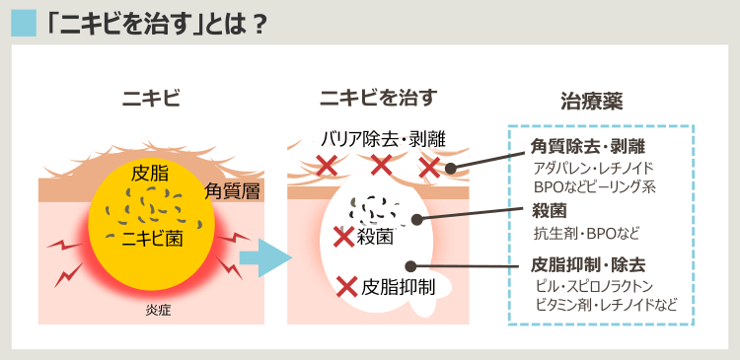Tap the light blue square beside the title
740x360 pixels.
pyautogui.click(x=23, y=21)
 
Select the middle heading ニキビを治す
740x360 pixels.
pyautogui.click(x=378, y=98)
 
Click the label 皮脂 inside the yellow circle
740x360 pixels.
pyautogui.click(x=150, y=174)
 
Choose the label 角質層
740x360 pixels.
pyautogui.click(x=232, y=191)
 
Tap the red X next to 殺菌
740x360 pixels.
pyautogui.click(x=344, y=237)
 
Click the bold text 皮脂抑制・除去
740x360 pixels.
pyautogui.click(x=588, y=265)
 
